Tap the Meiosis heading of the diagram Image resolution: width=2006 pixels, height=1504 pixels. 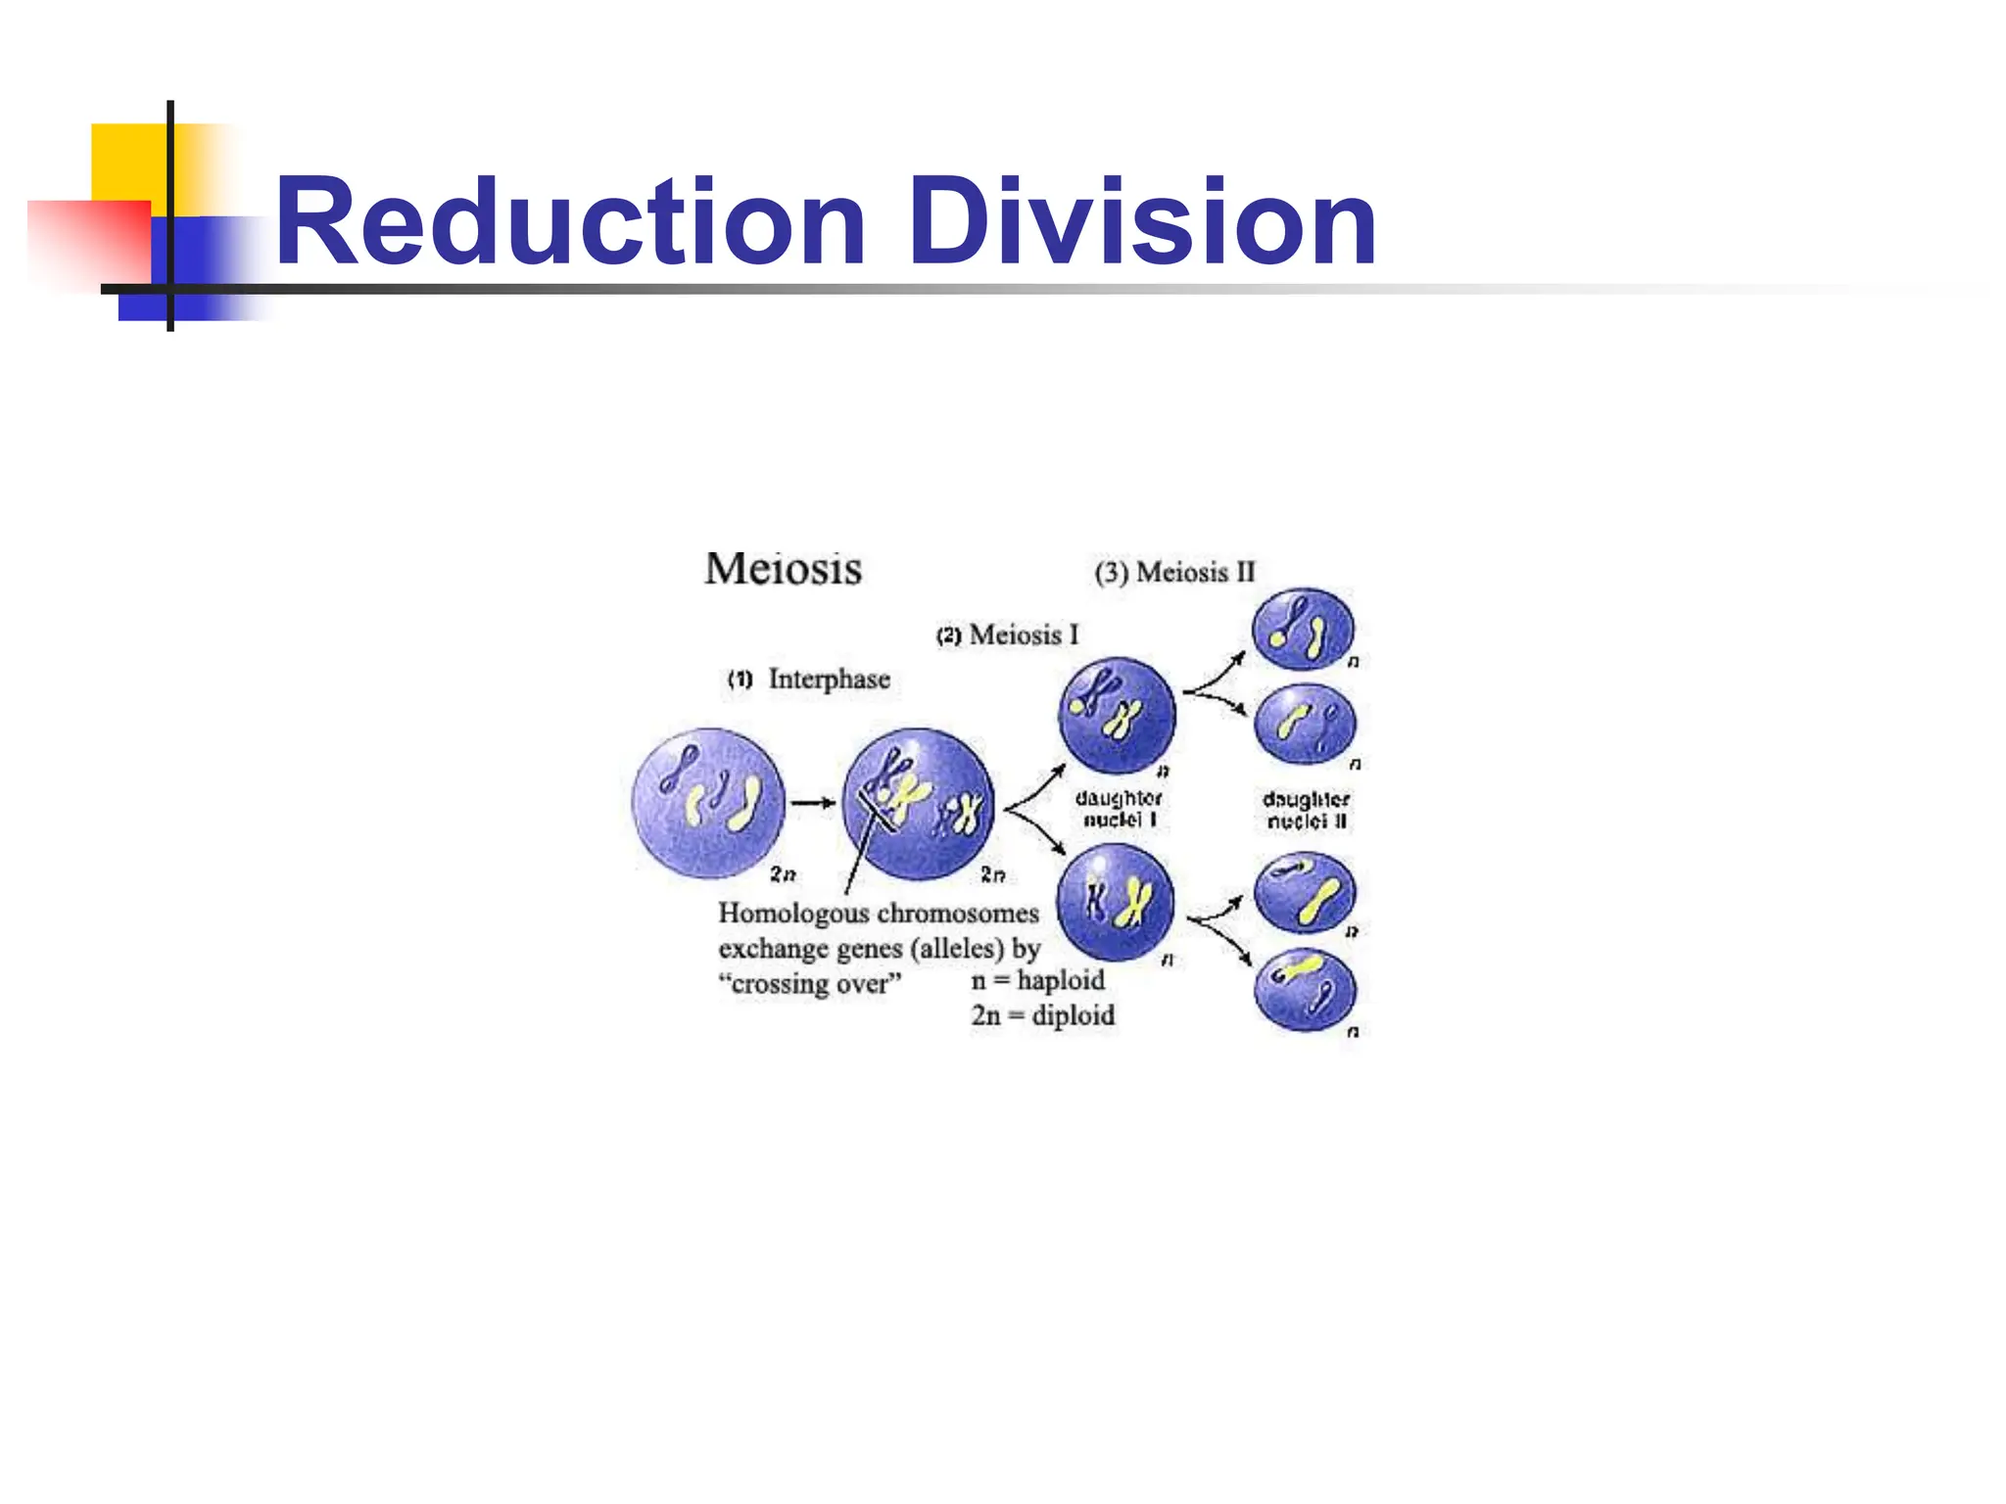click(x=783, y=569)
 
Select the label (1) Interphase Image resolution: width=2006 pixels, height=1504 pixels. click(x=809, y=679)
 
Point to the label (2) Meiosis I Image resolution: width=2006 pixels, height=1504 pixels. click(x=1008, y=635)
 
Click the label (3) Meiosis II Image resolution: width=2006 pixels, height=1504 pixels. click(x=1174, y=572)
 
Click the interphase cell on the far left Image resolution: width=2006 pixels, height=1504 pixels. click(x=708, y=803)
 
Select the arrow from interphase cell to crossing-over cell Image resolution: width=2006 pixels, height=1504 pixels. click(x=812, y=803)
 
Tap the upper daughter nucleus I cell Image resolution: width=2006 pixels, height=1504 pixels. click(x=1117, y=714)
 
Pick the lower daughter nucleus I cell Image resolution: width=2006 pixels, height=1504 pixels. click(x=1116, y=902)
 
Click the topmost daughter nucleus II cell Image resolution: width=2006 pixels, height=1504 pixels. click(x=1304, y=629)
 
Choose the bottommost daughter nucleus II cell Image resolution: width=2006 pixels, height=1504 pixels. click(x=1305, y=990)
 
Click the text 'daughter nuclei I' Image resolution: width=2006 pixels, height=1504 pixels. click(x=1119, y=809)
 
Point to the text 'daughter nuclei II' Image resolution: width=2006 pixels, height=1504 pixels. click(x=1306, y=811)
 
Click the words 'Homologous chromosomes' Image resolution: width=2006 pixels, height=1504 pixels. click(x=878, y=914)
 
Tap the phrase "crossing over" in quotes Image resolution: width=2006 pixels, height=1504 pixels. click(x=809, y=983)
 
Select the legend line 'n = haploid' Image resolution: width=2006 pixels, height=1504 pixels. click(x=1037, y=980)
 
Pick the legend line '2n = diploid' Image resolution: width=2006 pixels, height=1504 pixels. click(x=1042, y=1015)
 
